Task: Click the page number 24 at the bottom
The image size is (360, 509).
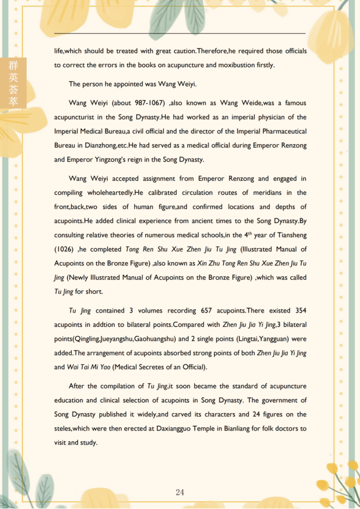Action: [x=180, y=492]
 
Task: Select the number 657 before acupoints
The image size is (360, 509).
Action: [x=205, y=310]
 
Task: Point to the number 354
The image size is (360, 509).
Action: [x=300, y=310]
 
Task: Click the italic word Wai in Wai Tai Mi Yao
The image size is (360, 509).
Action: [x=73, y=367]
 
